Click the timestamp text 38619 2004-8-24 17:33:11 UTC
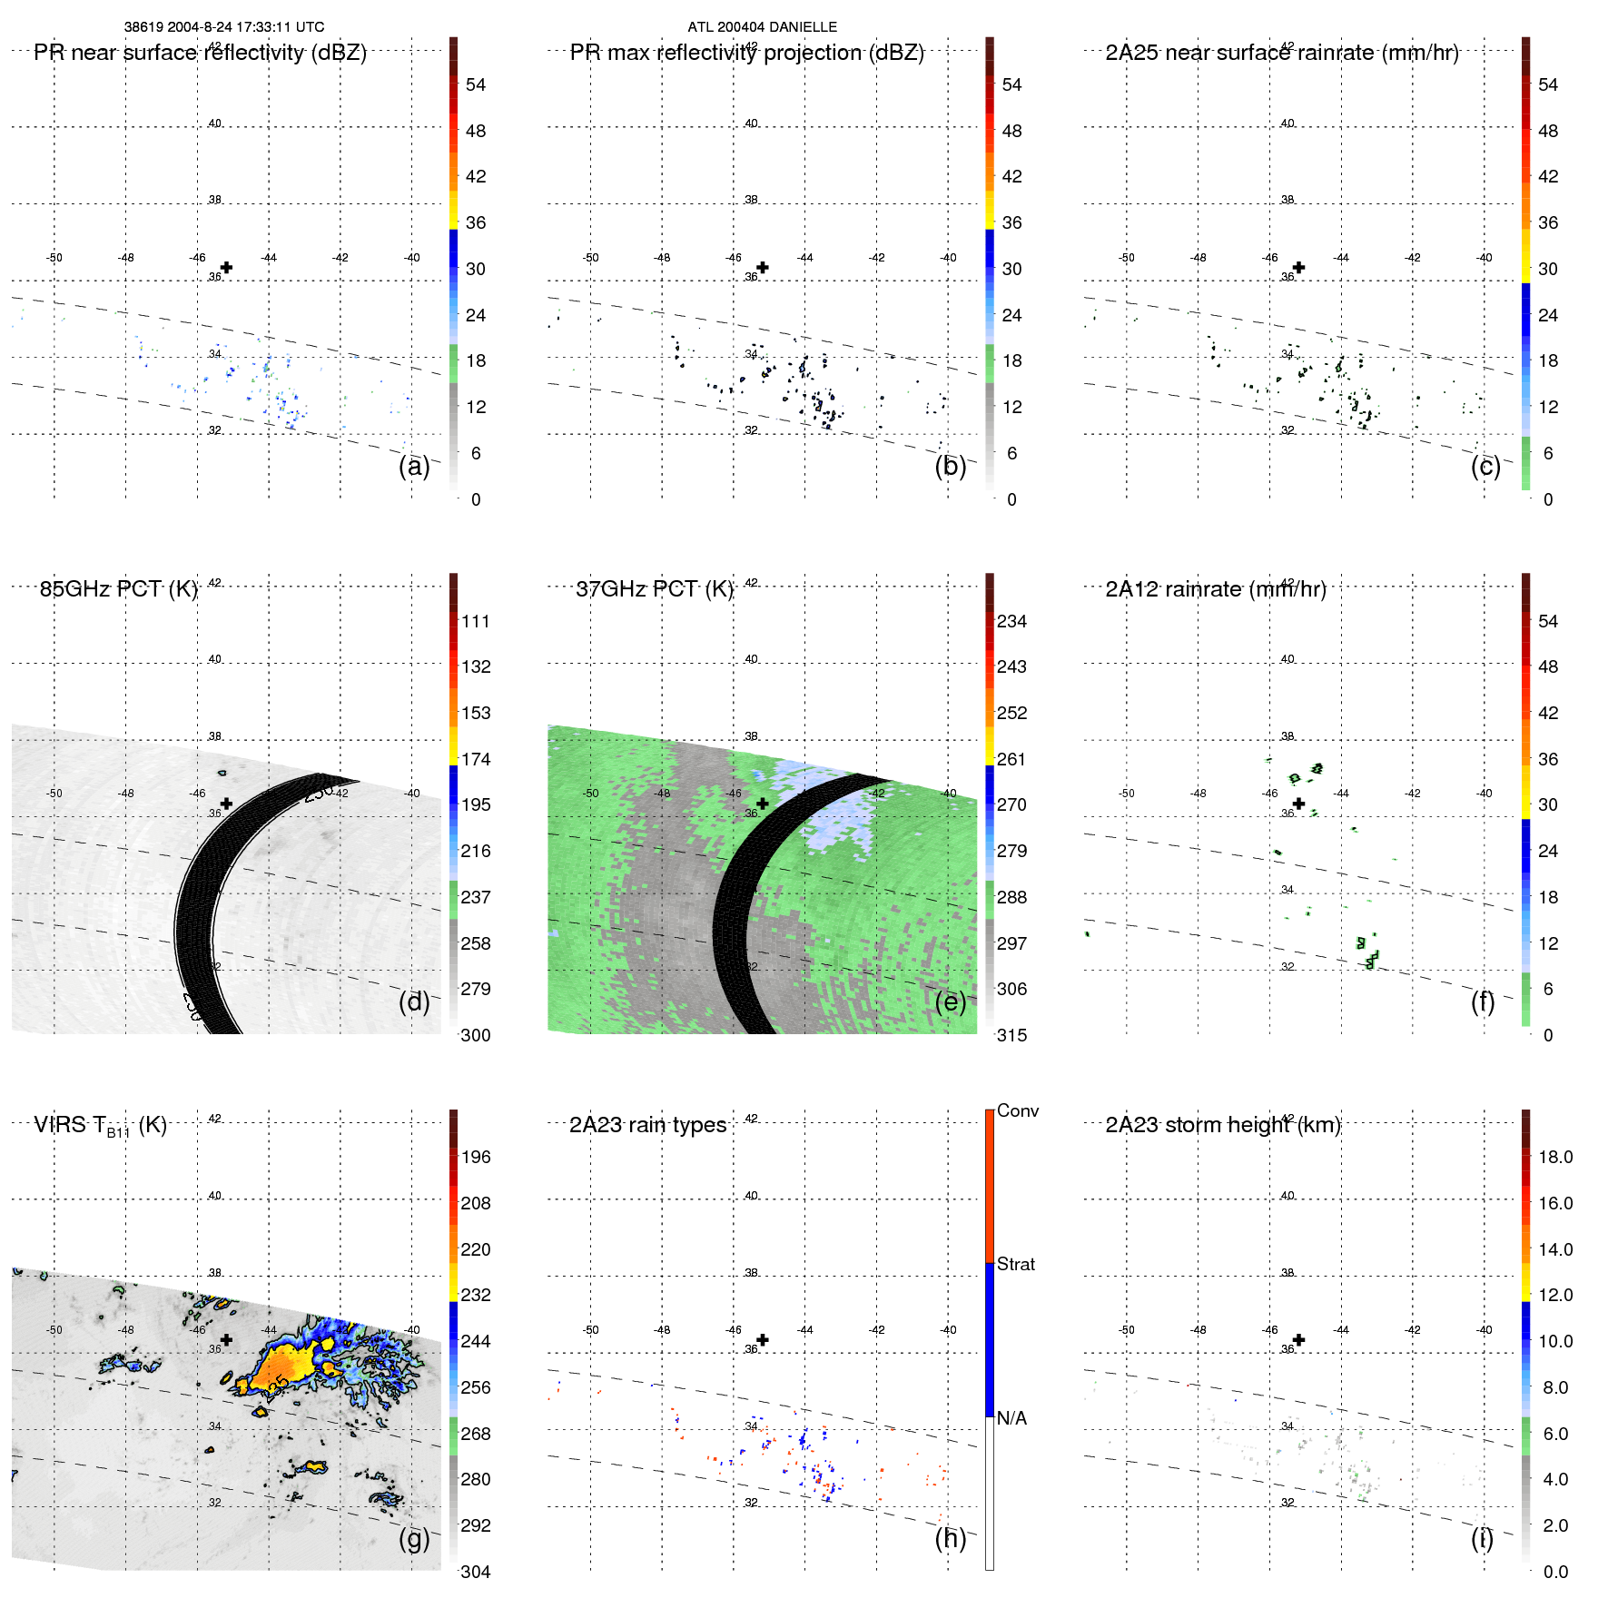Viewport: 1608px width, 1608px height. tap(223, 27)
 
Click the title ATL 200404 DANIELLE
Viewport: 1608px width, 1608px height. tap(762, 27)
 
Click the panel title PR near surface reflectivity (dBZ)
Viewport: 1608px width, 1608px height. tap(200, 53)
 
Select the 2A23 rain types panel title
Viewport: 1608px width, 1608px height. tap(647, 1125)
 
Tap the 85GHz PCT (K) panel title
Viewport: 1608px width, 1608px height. tap(118, 589)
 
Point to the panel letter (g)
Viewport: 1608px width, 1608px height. tap(414, 1537)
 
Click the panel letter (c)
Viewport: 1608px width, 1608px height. tap(1485, 466)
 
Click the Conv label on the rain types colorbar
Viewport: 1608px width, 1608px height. tap(1017, 1110)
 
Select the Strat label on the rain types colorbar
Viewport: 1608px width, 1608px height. tap(1015, 1264)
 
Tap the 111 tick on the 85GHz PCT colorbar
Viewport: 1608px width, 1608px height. tap(475, 621)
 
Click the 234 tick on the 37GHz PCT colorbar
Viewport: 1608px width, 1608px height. tap(1011, 621)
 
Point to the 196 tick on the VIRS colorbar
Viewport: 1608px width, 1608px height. tap(475, 1157)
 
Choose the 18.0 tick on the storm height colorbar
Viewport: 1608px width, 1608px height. tap(1554, 1157)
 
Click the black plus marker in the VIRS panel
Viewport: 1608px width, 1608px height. tap(226, 1339)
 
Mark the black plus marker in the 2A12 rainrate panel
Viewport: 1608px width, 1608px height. tap(1298, 804)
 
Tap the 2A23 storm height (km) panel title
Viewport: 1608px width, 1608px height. tap(1222, 1125)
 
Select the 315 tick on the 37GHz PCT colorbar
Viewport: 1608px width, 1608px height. tap(1011, 1035)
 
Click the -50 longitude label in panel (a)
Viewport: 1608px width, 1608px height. tap(54, 258)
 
